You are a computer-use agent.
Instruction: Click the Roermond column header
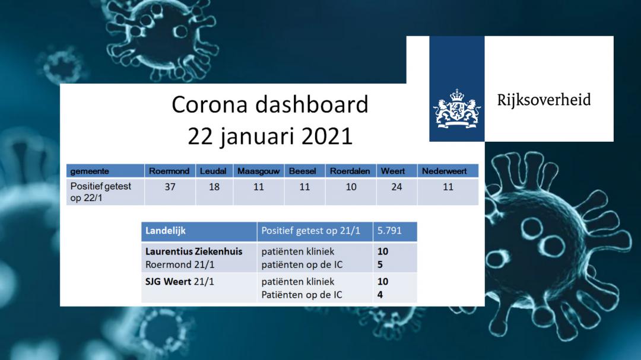169,171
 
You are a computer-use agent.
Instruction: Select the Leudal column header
213,171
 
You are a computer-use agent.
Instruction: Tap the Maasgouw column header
258,171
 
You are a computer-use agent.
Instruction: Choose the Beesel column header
303,171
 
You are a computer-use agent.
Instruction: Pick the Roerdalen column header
350,171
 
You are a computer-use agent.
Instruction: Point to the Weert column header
393,171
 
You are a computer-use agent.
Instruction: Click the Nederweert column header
445,171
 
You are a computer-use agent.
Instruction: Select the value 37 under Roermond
170,187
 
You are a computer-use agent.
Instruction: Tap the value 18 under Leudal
214,187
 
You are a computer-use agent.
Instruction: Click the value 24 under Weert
396,187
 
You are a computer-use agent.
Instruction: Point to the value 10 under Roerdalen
351,187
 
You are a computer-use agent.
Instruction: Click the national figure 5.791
389,231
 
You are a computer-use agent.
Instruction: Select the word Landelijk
166,231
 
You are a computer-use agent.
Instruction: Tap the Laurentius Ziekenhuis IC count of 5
380,265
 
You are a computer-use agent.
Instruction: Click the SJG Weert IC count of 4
380,295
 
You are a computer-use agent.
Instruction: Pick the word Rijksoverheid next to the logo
544,100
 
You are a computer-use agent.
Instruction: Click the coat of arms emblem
457,109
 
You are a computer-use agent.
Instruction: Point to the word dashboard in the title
312,104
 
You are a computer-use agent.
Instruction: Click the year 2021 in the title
326,136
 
